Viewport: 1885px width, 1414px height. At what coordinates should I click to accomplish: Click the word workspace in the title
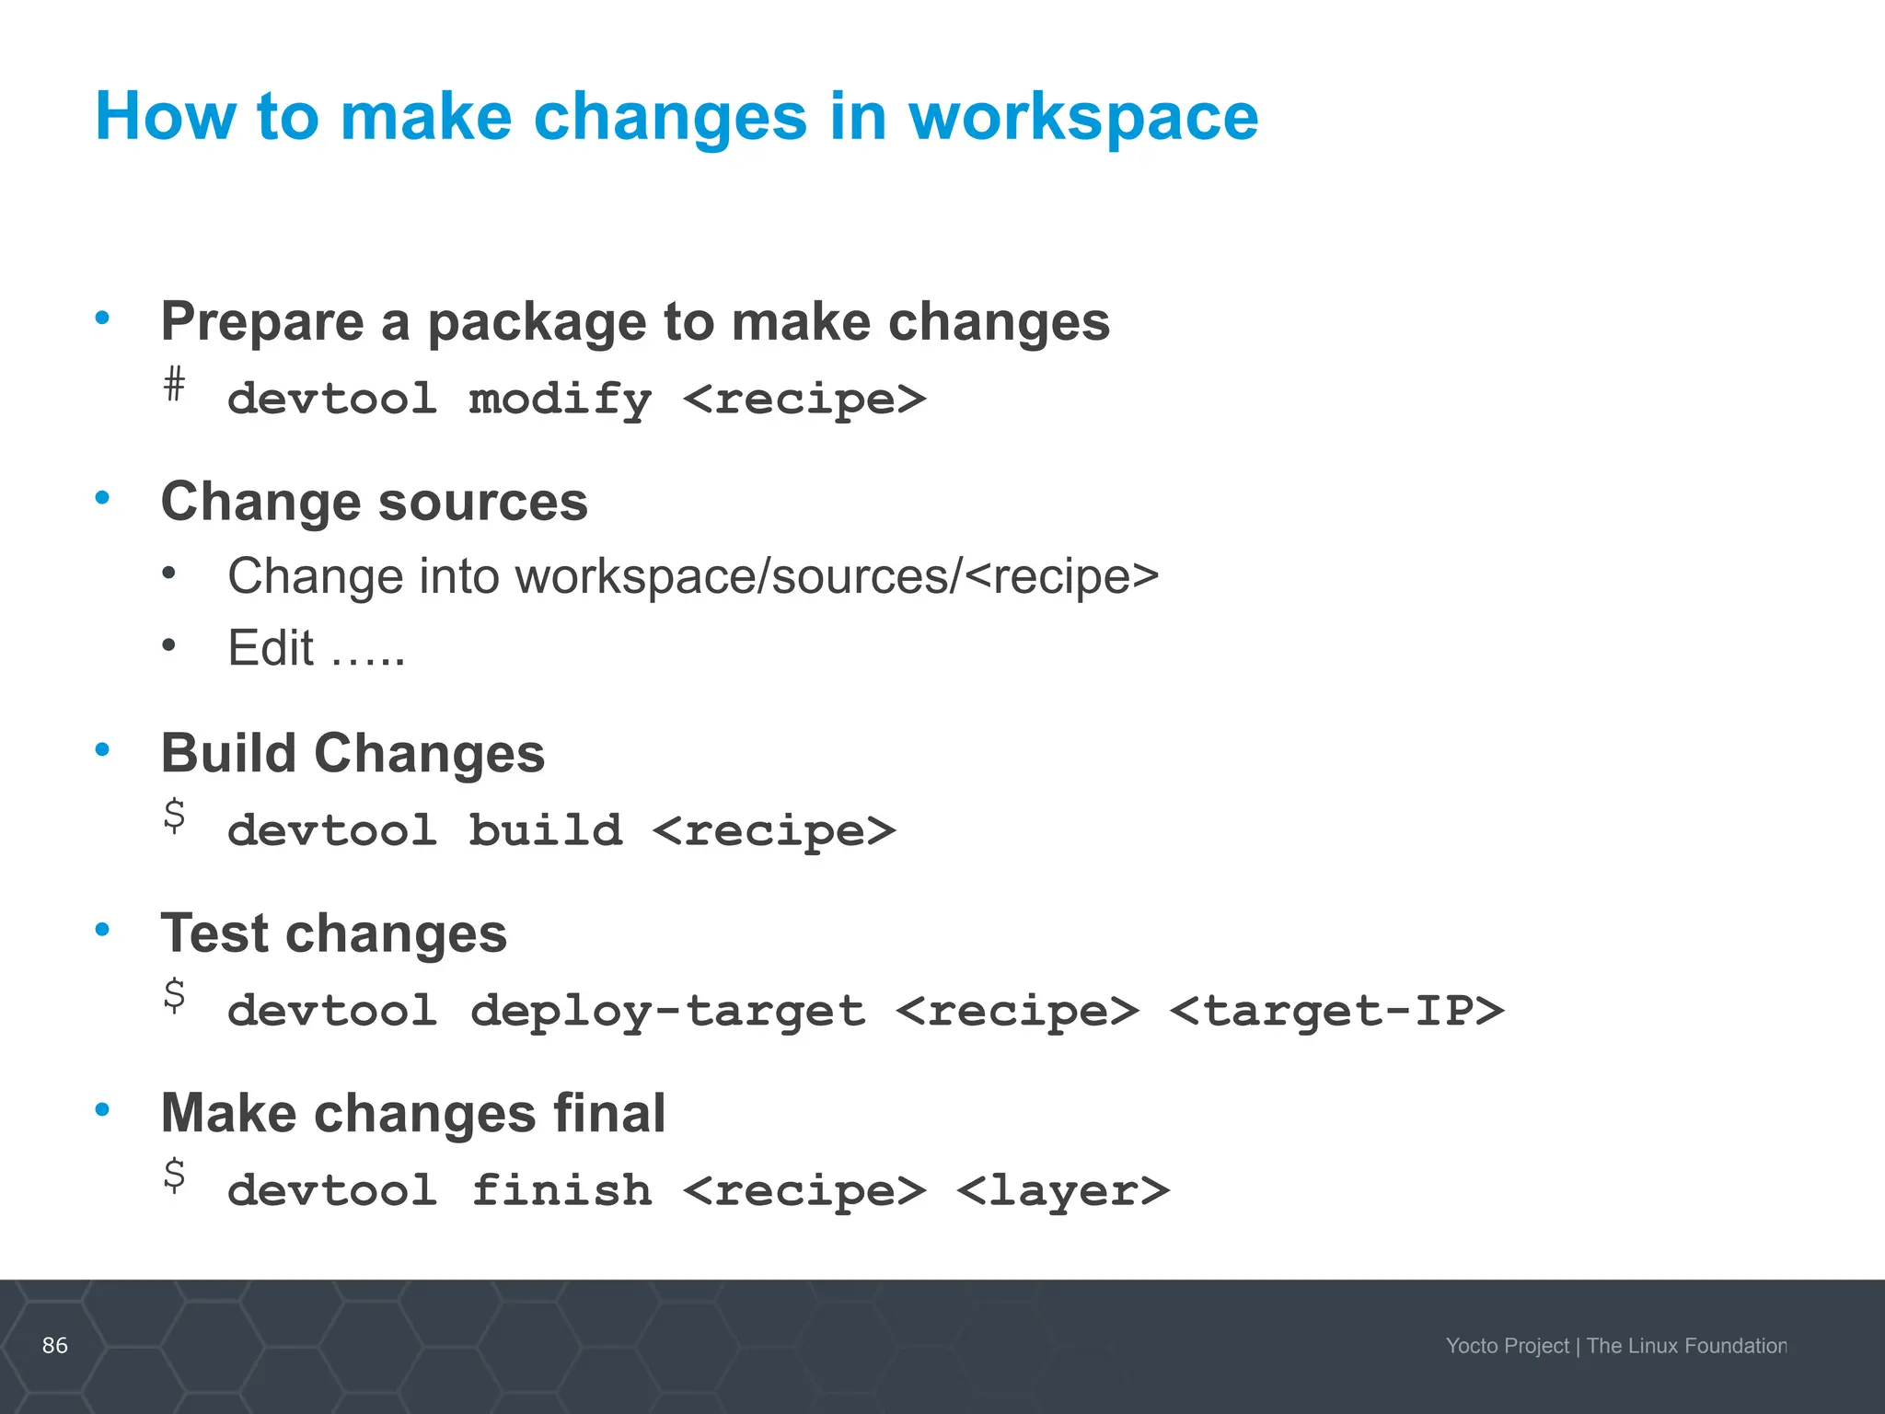tap(1083, 118)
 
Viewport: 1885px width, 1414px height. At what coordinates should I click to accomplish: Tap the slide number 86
tap(55, 1345)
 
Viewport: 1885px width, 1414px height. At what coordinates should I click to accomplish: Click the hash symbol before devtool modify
tap(174, 384)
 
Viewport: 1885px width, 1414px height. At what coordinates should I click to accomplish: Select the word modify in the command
tap(560, 400)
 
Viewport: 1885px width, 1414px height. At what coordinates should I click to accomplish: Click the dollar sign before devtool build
tap(174, 816)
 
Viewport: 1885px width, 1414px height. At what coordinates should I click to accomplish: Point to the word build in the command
tap(545, 830)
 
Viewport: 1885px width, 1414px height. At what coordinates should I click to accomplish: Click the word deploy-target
tap(668, 1011)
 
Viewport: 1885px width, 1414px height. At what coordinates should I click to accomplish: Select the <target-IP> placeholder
tap(1336, 1011)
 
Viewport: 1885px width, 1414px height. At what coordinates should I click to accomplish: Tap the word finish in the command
tap(561, 1190)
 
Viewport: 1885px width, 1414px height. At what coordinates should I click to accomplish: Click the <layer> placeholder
tap(1063, 1190)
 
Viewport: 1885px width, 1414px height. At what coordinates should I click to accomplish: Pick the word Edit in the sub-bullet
tap(271, 648)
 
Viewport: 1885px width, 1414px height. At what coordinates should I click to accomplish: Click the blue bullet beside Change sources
tap(103, 498)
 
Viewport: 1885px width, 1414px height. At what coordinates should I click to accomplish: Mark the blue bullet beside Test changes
tap(103, 929)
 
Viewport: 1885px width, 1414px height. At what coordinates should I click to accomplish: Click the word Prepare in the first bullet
tap(262, 322)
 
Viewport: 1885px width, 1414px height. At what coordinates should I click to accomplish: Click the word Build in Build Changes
tap(227, 753)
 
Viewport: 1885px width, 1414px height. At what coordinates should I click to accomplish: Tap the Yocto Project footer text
tap(1507, 1346)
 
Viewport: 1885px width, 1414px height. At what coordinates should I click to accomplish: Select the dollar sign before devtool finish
tap(174, 1176)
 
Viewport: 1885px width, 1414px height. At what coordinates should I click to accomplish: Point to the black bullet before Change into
tap(168, 574)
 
